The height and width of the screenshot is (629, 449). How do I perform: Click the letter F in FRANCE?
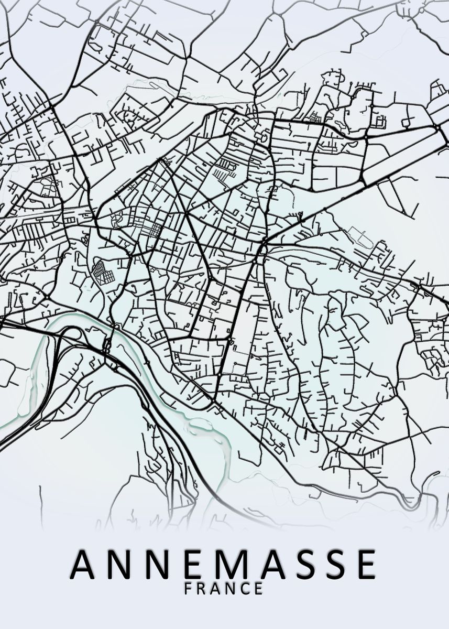point(189,588)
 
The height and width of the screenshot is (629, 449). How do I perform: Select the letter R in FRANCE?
point(202,588)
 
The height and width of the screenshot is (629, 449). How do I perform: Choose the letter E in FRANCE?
point(258,588)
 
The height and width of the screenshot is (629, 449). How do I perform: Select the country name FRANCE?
point(224,588)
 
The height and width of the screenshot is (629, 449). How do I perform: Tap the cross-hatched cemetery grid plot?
point(102,273)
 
